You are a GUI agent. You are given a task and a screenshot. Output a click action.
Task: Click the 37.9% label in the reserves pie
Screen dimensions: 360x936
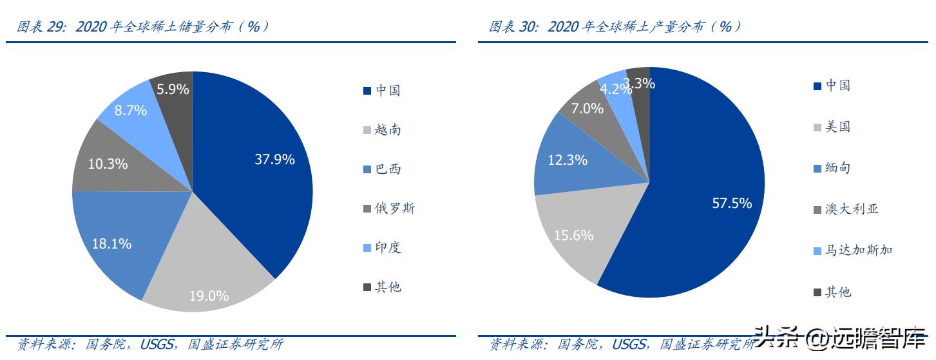pos(274,159)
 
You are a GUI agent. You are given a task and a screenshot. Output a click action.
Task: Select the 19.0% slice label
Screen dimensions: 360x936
pos(209,296)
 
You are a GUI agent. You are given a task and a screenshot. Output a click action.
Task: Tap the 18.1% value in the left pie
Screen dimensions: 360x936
pos(111,243)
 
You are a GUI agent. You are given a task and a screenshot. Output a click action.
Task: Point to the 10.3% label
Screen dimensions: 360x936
pos(108,164)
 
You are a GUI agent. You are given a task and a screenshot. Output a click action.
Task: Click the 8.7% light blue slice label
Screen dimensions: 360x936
pos(131,110)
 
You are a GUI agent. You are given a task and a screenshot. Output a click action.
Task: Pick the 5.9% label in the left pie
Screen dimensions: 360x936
pos(173,89)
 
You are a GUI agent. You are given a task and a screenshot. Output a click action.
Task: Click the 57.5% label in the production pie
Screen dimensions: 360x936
pos(732,203)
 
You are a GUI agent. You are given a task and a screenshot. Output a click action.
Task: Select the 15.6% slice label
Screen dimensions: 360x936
pos(573,235)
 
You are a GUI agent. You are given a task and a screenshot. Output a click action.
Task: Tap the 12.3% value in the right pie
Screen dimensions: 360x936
pos(568,160)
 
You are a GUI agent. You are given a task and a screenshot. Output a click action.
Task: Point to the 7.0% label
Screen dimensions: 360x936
pos(587,108)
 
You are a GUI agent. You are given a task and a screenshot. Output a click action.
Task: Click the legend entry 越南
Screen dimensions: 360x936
pos(388,129)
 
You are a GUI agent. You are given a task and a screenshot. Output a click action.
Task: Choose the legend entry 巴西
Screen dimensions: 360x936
pos(388,169)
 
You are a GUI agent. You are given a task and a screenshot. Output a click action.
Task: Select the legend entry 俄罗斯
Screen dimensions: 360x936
pos(395,208)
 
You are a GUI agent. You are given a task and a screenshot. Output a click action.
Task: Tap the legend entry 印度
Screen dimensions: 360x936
pos(388,247)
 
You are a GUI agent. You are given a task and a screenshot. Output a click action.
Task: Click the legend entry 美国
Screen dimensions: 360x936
pos(838,126)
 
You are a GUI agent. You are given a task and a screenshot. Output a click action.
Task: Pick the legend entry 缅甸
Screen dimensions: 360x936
pos(838,167)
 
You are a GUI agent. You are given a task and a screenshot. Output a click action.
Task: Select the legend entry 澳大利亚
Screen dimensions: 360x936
pos(852,209)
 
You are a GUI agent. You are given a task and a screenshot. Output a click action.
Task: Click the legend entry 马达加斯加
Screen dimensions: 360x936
pos(859,250)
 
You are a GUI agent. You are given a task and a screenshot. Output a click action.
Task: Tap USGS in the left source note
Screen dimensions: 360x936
pos(157,344)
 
